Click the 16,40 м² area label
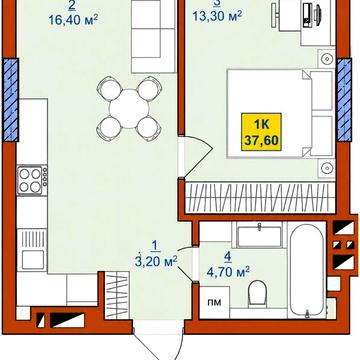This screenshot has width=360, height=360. (x=73, y=20)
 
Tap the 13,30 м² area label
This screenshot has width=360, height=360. (x=217, y=15)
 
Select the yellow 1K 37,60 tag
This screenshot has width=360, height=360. (x=262, y=132)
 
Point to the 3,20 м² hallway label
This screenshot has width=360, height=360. (x=155, y=261)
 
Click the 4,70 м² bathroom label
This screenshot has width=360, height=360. (x=228, y=272)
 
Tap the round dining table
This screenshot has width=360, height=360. (x=129, y=109)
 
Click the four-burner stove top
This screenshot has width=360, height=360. (x=32, y=180)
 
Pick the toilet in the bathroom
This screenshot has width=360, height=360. (x=257, y=292)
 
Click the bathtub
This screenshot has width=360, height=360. (x=307, y=270)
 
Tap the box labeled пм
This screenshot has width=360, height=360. (x=215, y=302)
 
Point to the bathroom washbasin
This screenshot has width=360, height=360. (x=260, y=236)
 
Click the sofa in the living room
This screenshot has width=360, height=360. (x=154, y=36)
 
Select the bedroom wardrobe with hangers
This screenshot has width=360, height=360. (x=260, y=197)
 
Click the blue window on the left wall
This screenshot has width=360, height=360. (x=11, y=99)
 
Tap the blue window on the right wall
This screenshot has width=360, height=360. (x=344, y=99)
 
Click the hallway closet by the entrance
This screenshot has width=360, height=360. (x=117, y=295)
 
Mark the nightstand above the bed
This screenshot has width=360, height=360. (x=326, y=59)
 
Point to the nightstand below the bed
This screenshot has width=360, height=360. (x=326, y=168)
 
